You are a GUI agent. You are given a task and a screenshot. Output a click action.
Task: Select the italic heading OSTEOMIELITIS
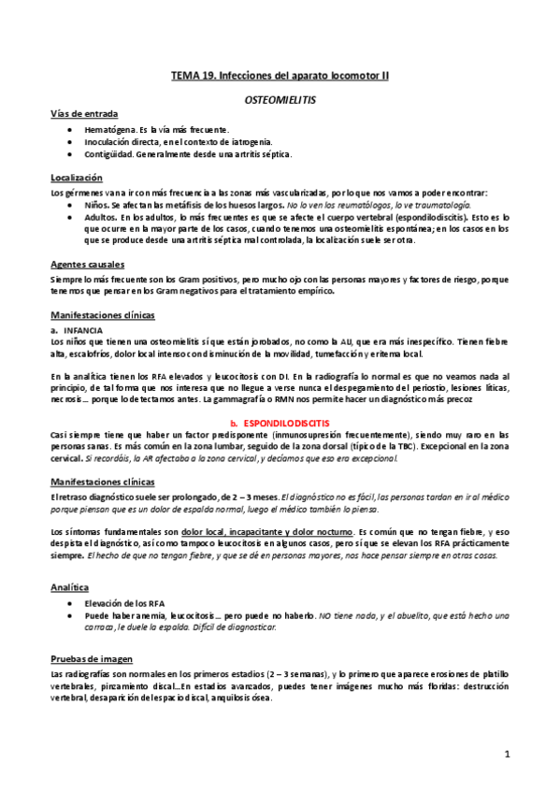(280, 96)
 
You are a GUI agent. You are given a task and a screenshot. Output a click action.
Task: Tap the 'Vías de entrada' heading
(84, 113)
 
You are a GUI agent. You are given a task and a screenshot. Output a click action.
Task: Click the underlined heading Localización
(78, 178)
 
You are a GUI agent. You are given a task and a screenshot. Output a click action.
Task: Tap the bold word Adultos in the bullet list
(101, 215)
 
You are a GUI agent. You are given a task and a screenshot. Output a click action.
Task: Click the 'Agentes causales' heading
(87, 265)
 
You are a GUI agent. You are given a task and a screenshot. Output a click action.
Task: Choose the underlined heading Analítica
(73, 587)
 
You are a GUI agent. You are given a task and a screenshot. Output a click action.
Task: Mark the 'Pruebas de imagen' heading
(93, 657)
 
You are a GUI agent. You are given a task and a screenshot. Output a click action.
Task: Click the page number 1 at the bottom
(506, 754)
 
